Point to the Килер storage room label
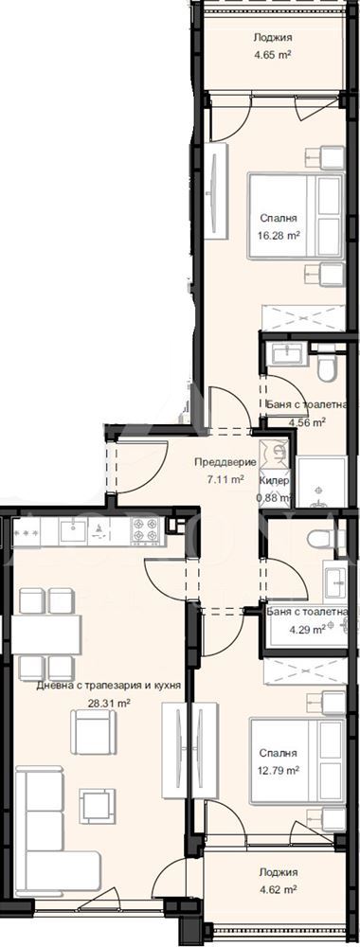point(275,481)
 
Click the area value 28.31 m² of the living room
point(109,703)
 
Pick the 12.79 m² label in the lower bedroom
point(279,770)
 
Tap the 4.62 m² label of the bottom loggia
point(278,889)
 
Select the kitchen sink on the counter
point(73,531)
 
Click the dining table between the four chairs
point(45,634)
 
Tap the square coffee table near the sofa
point(97,806)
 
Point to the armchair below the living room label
point(93,731)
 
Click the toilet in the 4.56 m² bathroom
point(325,368)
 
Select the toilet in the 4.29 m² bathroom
point(322,540)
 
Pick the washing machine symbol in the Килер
point(275,453)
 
